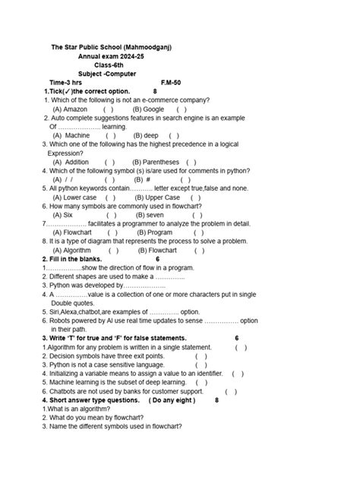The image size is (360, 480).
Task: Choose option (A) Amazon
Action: [x=71, y=109]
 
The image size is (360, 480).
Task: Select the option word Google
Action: [x=154, y=109]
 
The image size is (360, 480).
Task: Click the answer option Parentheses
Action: [x=162, y=162]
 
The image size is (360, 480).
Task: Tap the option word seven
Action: [x=155, y=215]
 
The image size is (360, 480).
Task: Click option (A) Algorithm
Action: [x=72, y=250]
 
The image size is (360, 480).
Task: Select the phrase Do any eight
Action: [x=172, y=400]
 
